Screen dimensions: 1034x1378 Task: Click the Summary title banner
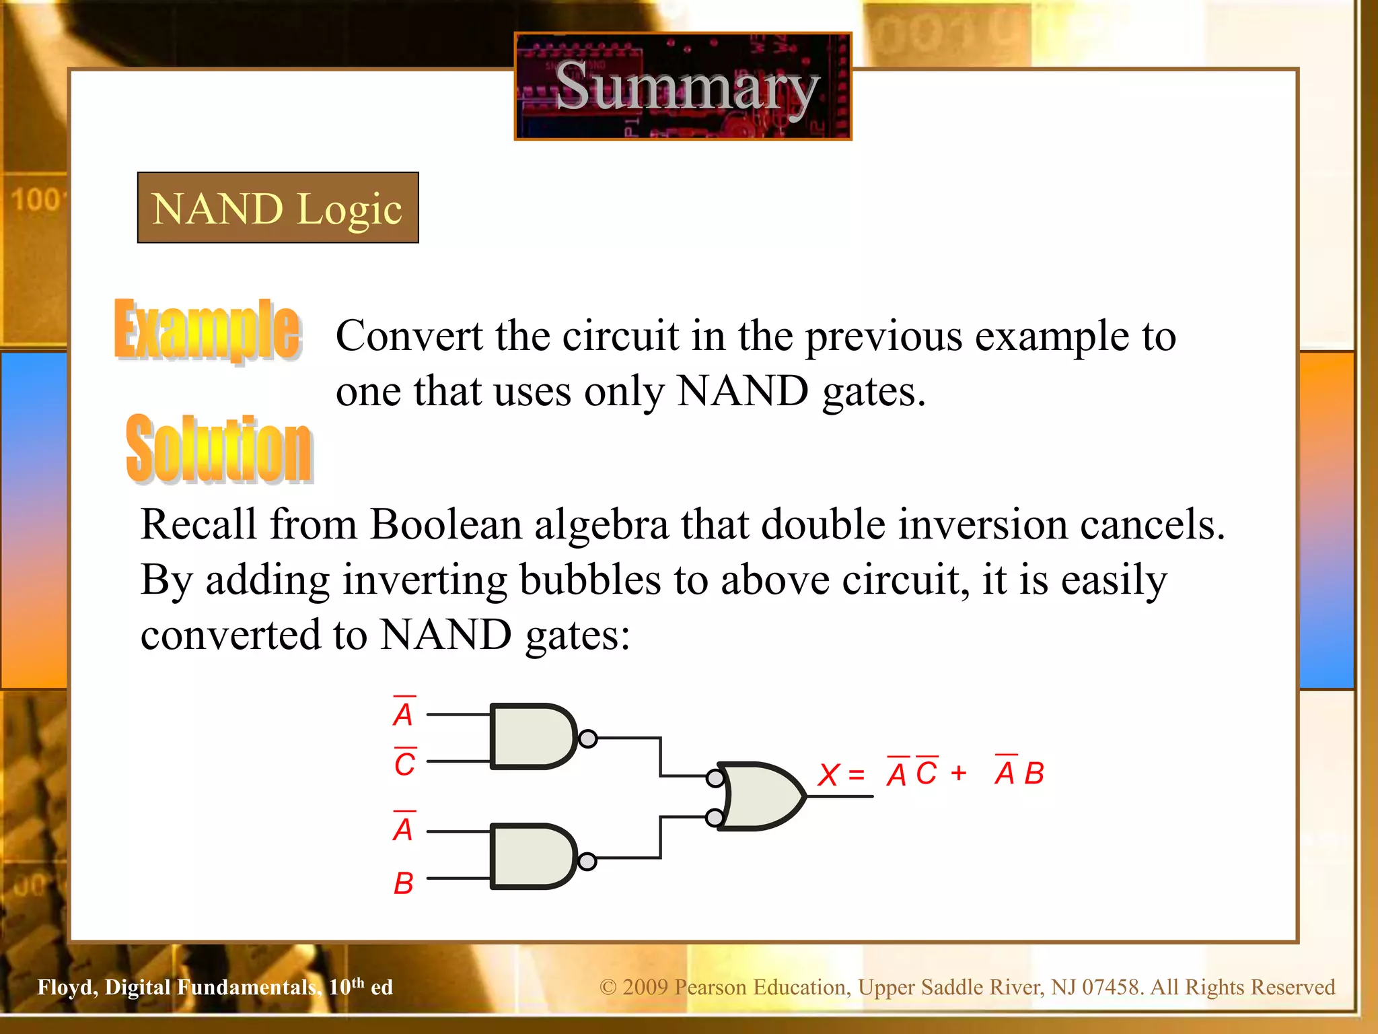coord(683,86)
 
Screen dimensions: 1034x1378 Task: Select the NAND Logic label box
coord(278,207)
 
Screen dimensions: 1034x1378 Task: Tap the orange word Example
coord(207,330)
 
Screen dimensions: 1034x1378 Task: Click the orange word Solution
coord(219,448)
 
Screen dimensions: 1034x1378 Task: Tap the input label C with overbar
coord(404,763)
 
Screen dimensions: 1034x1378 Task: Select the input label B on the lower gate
coord(403,883)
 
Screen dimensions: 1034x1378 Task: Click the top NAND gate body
coord(532,736)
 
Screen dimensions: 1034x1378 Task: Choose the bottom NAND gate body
coord(532,856)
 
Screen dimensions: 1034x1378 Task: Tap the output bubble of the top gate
coord(588,738)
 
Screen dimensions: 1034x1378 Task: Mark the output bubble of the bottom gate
coord(587,861)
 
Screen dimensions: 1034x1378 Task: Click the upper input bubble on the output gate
coord(715,778)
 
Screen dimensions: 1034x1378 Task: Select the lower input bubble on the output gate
coord(715,818)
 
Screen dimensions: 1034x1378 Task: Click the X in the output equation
coord(828,775)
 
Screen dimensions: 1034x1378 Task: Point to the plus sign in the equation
coord(959,773)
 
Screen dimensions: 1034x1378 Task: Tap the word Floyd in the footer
coord(67,987)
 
